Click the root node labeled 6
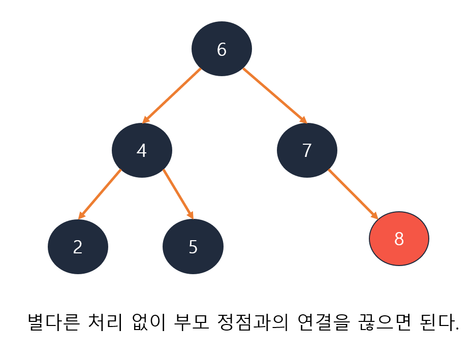coord(222,49)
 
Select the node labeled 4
coord(142,150)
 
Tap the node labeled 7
coord(307,150)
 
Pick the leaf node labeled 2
coord(78,247)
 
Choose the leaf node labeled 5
coord(193,247)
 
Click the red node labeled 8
coord(399,239)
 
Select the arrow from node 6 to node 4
coord(172,95)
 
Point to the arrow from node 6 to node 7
coord(275,95)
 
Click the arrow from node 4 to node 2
coord(100,194)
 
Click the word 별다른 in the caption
coord(55,323)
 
